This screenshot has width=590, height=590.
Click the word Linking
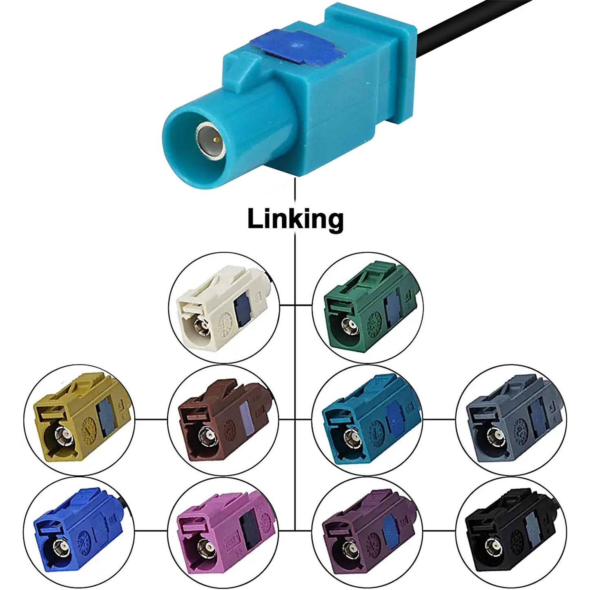295,219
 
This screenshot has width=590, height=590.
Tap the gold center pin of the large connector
216,140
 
